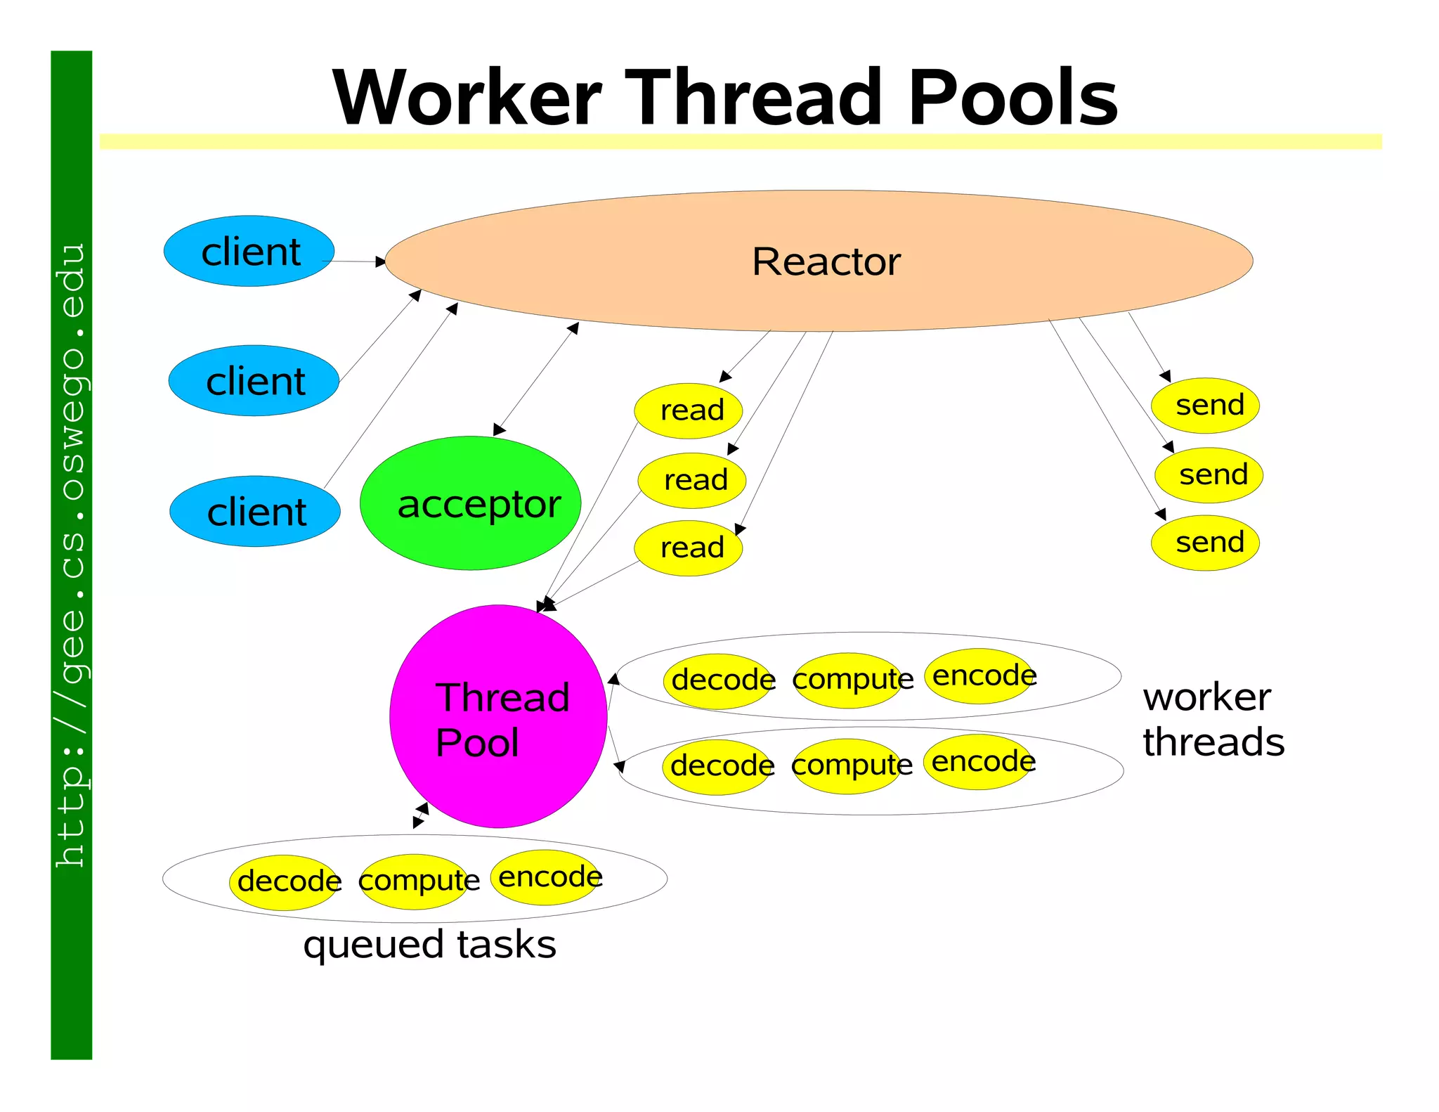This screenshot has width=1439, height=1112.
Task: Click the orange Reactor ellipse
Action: tap(819, 261)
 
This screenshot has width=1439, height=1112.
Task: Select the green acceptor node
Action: tap(470, 503)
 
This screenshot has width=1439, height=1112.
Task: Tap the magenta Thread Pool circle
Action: tap(498, 716)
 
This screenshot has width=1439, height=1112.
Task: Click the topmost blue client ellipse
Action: tap(249, 251)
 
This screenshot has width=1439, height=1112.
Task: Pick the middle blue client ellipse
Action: tap(254, 380)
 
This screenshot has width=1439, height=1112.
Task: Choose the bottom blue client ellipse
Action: tap(255, 511)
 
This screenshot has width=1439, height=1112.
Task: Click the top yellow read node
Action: tap(689, 410)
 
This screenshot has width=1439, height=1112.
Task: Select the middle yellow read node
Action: tap(692, 480)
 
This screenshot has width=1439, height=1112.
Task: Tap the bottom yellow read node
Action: tap(689, 548)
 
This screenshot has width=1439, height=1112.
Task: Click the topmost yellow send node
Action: tap(1205, 405)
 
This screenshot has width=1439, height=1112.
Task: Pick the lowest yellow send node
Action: tap(1205, 542)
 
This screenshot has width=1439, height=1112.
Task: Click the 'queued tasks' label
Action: tap(429, 944)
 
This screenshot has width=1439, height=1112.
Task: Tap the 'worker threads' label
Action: tap(1213, 719)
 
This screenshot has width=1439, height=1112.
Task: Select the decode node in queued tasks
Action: tap(285, 882)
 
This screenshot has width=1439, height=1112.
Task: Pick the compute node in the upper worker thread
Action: tap(848, 680)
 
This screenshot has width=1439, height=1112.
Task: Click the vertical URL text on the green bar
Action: tap(72, 555)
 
